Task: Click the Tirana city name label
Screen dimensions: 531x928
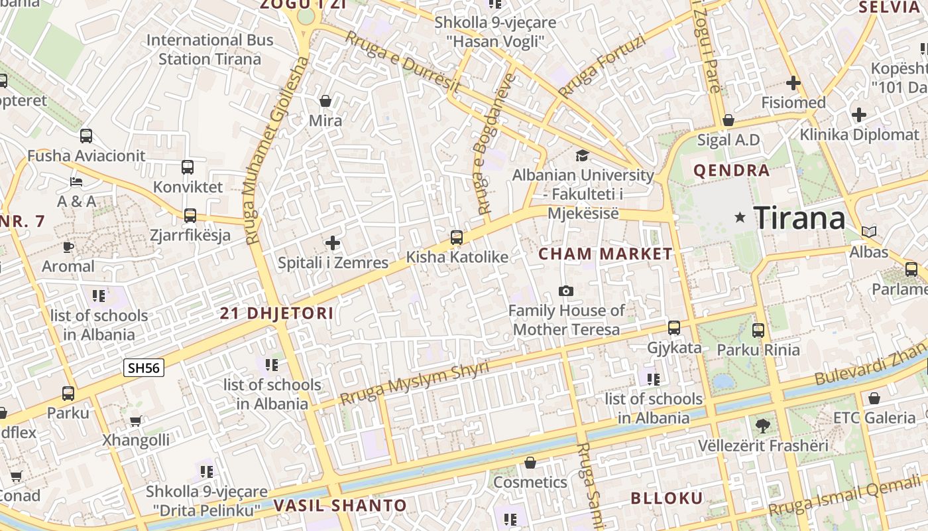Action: (799, 218)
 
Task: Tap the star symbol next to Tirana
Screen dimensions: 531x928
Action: (740, 218)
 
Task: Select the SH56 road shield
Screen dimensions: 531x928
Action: (143, 368)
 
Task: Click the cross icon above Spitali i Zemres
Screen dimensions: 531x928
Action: (333, 243)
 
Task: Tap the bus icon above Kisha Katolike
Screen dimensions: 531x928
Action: (456, 238)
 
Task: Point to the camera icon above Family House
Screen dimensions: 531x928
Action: (565, 291)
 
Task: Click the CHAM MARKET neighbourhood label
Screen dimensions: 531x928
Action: (605, 254)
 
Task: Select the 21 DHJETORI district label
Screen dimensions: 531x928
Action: (276, 313)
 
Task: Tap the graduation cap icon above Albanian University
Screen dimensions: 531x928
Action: (582, 155)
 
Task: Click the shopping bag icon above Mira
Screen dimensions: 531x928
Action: (325, 101)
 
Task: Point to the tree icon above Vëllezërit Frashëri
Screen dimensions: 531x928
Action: (762, 425)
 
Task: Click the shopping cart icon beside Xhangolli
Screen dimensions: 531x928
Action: (136, 421)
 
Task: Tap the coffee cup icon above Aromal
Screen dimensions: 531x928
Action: (68, 247)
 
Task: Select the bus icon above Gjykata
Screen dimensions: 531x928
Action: (674, 328)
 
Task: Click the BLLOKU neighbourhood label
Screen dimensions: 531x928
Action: (666, 498)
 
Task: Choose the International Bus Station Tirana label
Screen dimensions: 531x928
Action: (209, 49)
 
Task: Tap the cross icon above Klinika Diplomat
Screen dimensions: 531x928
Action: (858, 115)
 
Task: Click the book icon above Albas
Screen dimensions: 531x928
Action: (869, 232)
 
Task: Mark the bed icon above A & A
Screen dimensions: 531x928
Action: (76, 182)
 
